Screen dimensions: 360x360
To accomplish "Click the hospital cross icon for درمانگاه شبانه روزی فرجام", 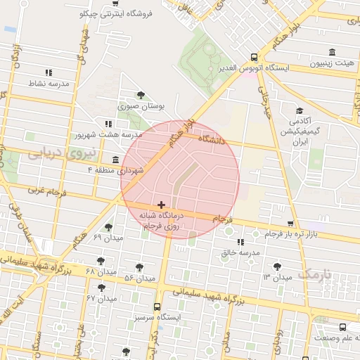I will point(162,205).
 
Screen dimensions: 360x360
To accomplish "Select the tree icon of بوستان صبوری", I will point(141,95).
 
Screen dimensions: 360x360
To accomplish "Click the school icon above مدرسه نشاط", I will point(49,72).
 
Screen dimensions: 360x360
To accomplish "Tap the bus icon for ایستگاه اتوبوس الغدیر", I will point(254,57).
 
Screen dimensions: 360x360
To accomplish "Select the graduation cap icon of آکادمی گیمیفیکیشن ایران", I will point(300,111).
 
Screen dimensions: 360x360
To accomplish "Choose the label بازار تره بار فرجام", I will point(291,233).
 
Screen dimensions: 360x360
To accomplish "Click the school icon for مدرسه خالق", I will point(241,243).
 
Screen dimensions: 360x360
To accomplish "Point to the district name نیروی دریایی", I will point(54,152).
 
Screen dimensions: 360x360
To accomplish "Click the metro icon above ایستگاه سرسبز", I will point(156,307).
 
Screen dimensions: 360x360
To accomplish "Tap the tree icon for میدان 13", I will point(276,266).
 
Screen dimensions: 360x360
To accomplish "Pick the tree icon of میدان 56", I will point(139,267).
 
